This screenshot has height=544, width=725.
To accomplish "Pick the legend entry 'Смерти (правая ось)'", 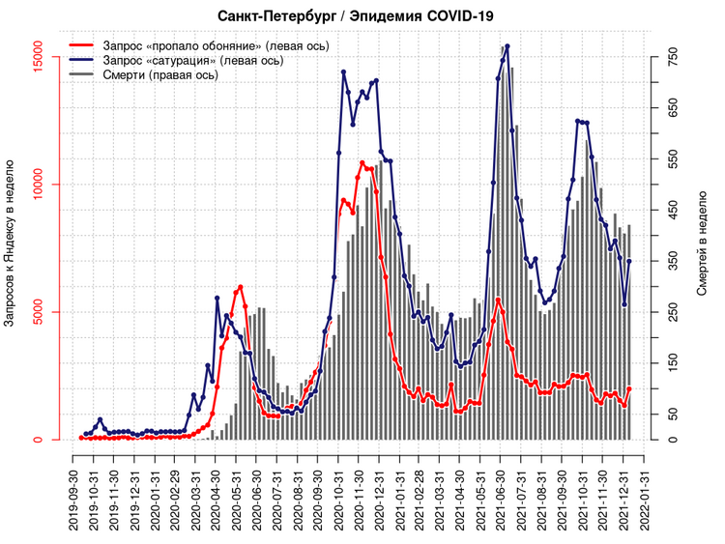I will [159, 74].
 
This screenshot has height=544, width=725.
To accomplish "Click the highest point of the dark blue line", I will [507, 46].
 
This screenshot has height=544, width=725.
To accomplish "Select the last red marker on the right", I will [629, 388].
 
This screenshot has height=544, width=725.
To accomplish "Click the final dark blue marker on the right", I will [629, 261].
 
